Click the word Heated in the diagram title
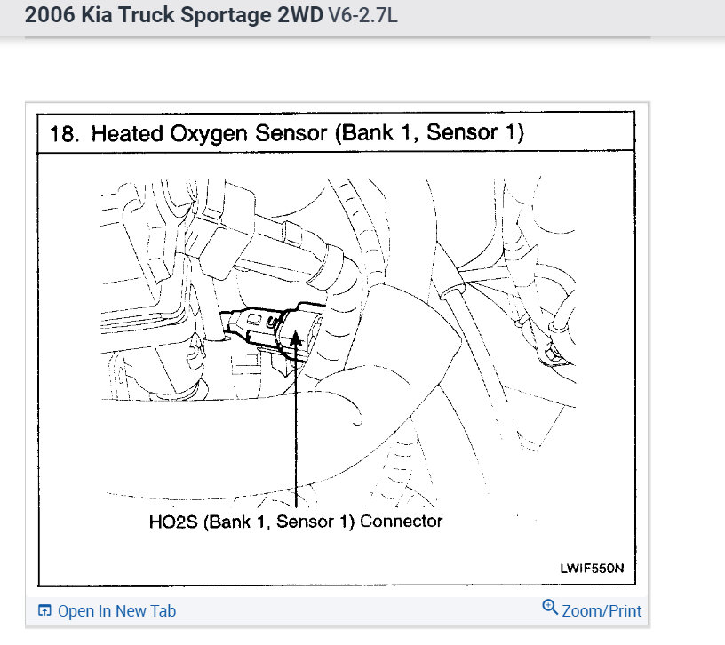click(123, 133)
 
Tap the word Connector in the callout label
click(401, 521)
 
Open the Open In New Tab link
click(116, 611)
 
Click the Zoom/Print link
click(602, 611)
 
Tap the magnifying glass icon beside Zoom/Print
click(549, 609)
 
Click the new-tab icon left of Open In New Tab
click(44, 611)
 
